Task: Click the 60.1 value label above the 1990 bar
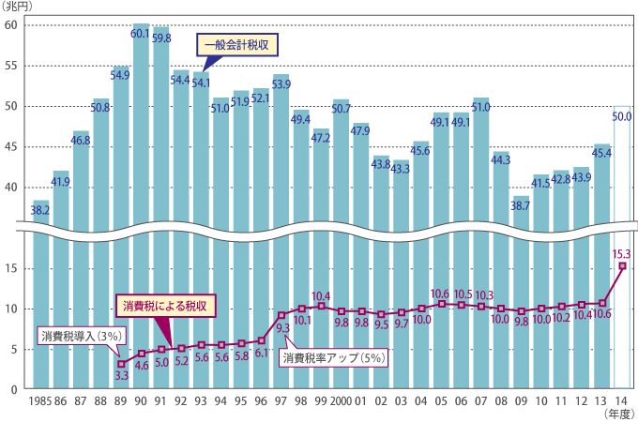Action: (x=141, y=33)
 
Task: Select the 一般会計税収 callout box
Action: (x=238, y=44)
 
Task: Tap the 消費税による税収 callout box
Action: (x=166, y=306)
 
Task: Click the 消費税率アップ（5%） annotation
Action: (x=334, y=357)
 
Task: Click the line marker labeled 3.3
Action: (x=121, y=363)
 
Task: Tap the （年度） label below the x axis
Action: (x=615, y=413)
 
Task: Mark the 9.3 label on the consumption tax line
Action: (x=281, y=329)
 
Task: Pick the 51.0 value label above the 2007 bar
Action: (x=480, y=107)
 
